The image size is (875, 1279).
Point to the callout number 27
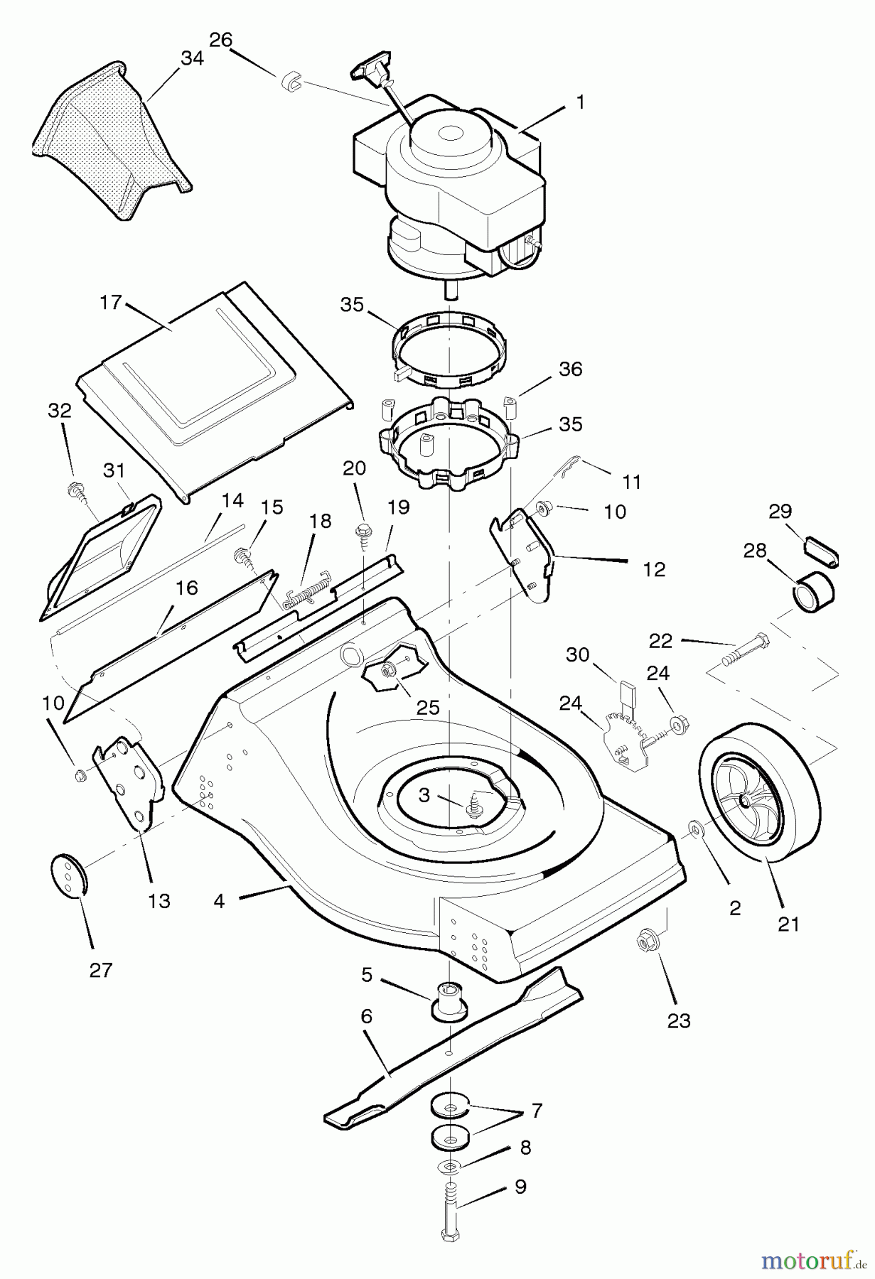point(101,969)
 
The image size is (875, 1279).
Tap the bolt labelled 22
point(744,649)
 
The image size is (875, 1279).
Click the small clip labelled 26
point(292,82)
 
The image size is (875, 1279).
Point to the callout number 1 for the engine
point(580,102)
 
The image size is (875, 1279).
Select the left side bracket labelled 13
point(131,782)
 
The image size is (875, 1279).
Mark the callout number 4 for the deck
point(219,901)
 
